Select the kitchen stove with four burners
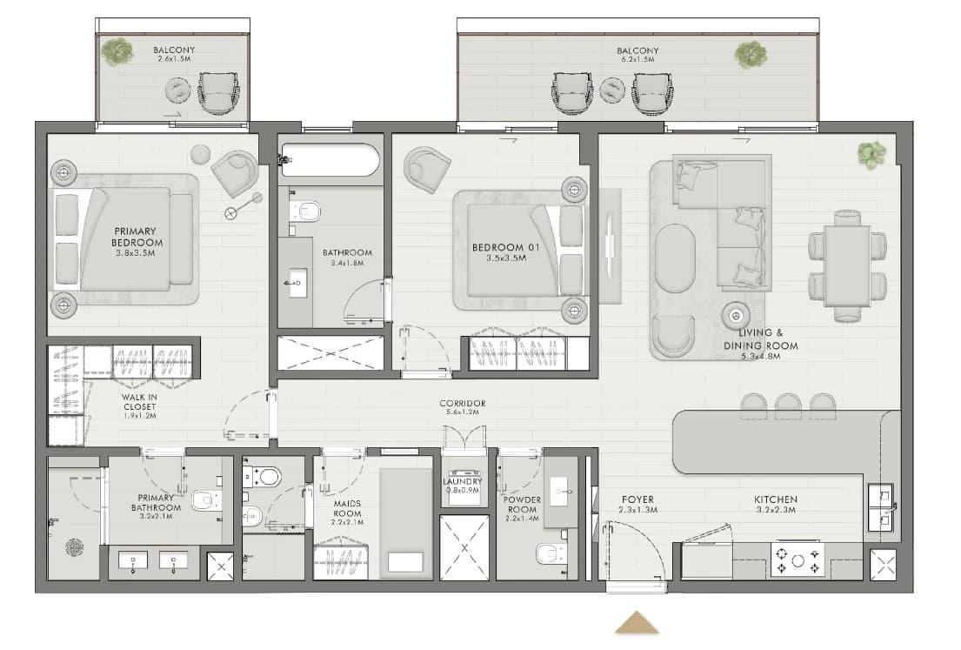click(x=797, y=560)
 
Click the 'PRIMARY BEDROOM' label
click(x=136, y=237)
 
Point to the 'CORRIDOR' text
click(x=462, y=404)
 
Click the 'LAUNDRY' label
click(x=463, y=482)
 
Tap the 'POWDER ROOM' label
click(x=522, y=505)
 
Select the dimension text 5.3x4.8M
click(x=761, y=356)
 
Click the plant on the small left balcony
click(x=117, y=51)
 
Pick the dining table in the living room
click(x=847, y=266)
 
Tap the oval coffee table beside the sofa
click(x=676, y=258)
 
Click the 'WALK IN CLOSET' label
click(x=140, y=402)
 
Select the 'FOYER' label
click(x=637, y=499)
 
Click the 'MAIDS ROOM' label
click(x=347, y=508)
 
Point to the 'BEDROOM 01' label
click(x=505, y=248)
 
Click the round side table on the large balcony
click(x=612, y=90)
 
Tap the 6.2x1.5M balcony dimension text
click(x=637, y=60)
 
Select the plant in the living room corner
click(x=871, y=154)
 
